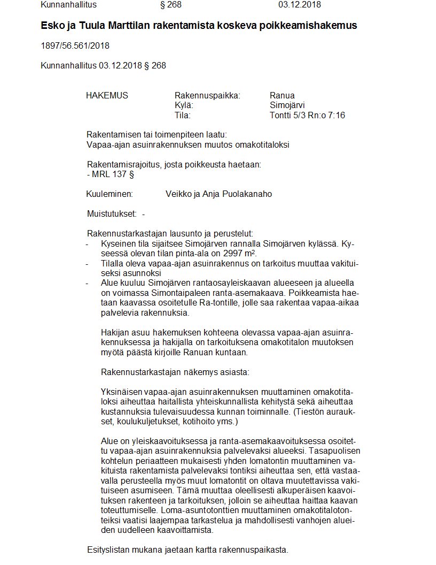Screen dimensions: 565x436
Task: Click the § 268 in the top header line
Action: (x=172, y=5)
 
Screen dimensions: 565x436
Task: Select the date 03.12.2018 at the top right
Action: (x=299, y=5)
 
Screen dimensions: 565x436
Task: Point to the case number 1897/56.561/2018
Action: (x=75, y=46)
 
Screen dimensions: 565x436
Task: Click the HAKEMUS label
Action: (x=107, y=96)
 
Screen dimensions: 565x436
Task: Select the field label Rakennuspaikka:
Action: (x=207, y=96)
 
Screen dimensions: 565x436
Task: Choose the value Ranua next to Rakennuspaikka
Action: (x=282, y=96)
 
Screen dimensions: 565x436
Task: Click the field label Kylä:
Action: (x=184, y=105)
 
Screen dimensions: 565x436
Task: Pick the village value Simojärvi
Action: (x=287, y=105)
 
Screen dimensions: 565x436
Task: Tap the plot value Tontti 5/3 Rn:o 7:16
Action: (x=307, y=115)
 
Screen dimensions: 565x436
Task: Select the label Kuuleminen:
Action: (x=109, y=194)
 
